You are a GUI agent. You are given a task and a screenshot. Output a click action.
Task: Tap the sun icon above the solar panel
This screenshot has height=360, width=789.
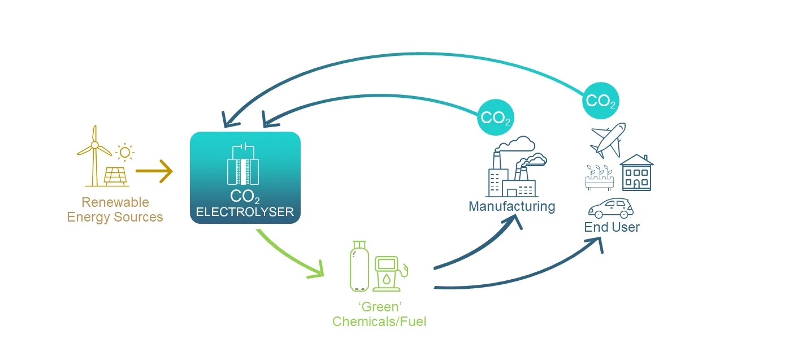coord(124,152)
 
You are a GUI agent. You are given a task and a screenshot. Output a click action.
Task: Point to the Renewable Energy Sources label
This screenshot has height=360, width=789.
coord(115,210)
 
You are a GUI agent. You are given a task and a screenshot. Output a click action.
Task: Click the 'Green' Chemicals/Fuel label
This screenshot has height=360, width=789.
coord(379,315)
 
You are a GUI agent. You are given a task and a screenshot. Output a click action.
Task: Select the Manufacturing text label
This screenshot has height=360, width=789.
coord(511,206)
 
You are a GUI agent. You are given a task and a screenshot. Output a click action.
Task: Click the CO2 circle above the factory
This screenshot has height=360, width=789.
coord(496,118)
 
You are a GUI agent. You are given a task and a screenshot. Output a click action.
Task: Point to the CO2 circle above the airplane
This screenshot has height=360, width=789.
coord(600,101)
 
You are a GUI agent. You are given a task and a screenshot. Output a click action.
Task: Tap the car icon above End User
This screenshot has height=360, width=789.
coord(610,209)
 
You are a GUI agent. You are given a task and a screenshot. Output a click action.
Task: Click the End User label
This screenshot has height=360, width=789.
coord(612,227)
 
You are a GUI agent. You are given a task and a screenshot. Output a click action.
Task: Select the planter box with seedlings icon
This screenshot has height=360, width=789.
coord(599,177)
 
